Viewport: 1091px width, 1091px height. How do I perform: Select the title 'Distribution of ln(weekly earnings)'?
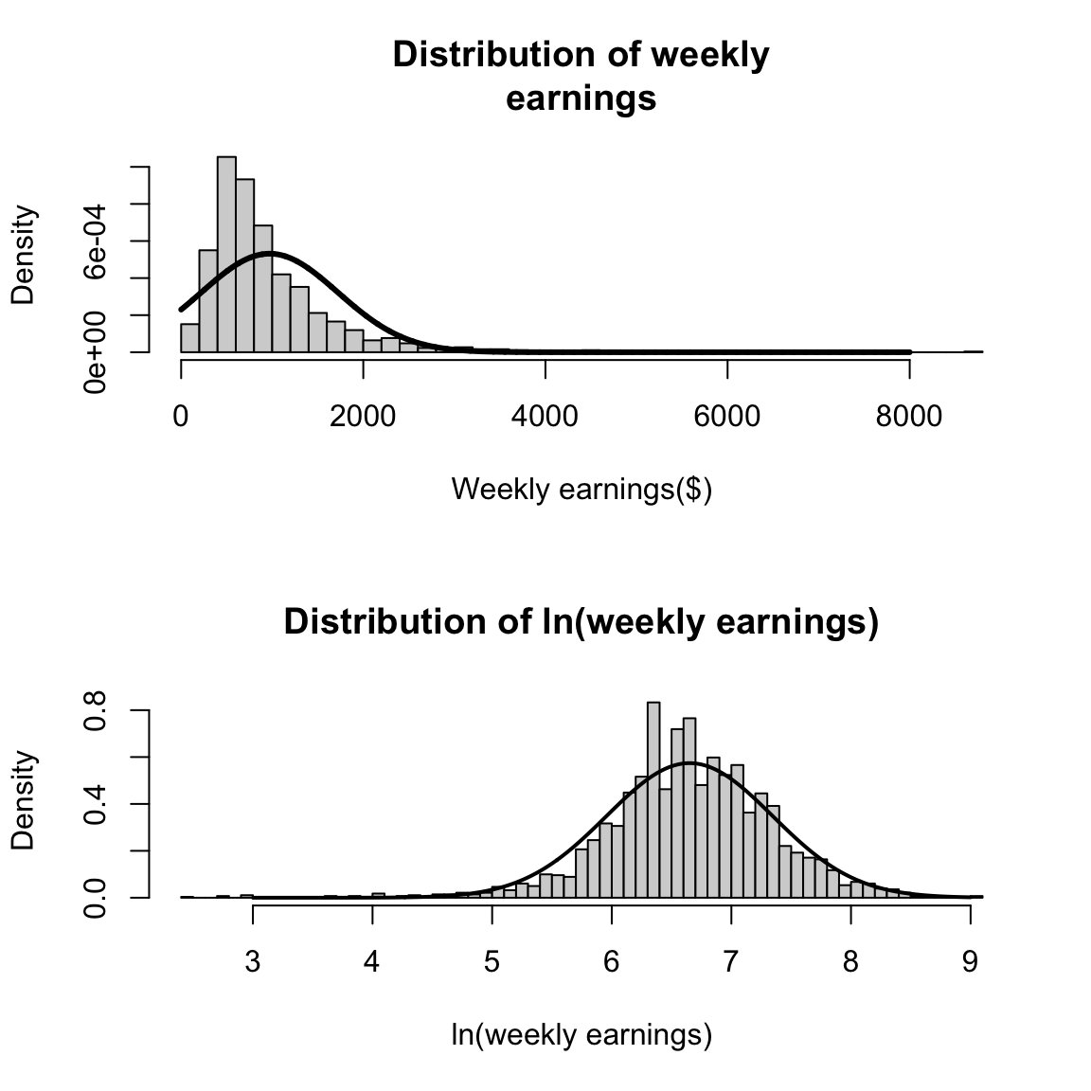point(581,622)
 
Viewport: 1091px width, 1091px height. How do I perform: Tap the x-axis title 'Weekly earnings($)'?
point(581,490)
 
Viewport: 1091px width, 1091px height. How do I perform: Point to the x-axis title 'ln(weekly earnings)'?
point(581,1034)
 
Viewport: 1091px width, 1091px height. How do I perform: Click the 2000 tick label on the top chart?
point(363,417)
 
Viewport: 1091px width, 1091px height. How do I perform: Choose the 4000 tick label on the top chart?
point(545,417)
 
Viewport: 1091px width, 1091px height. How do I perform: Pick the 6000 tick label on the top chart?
point(727,417)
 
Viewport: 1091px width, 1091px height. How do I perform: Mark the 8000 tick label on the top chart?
point(909,417)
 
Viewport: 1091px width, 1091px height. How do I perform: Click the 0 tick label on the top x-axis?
point(181,417)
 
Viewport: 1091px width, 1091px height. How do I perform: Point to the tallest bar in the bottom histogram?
point(653,799)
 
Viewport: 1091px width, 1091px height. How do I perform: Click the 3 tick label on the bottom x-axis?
point(253,962)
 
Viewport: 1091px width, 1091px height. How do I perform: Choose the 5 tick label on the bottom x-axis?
point(492,962)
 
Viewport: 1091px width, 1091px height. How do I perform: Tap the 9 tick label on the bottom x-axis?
point(970,962)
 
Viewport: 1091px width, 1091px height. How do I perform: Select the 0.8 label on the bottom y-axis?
point(97,711)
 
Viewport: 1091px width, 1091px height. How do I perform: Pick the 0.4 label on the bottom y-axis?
point(97,804)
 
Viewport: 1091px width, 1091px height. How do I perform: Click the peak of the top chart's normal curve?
point(271,254)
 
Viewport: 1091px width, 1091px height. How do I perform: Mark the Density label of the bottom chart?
point(23,800)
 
